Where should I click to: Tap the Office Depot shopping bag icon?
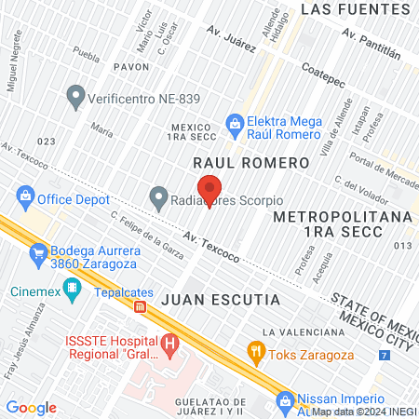pyautogui.click(x=25, y=197)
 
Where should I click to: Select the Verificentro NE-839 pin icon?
pyautogui.click(x=74, y=95)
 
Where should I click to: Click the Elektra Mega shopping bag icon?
pyautogui.click(x=235, y=123)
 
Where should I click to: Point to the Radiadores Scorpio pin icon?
pyautogui.click(x=158, y=197)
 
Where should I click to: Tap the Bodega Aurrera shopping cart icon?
pyautogui.click(x=37, y=251)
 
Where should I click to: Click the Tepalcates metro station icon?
pyautogui.click(x=140, y=306)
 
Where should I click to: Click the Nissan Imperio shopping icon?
pyautogui.click(x=284, y=401)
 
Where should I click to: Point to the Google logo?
pyautogui.click(x=32, y=408)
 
